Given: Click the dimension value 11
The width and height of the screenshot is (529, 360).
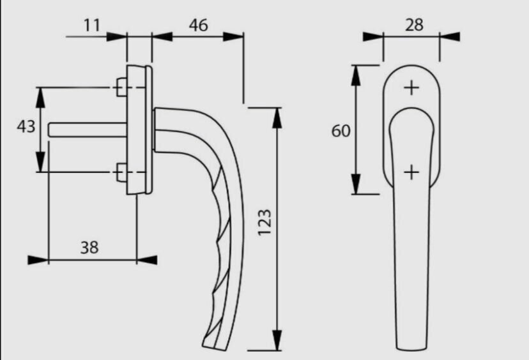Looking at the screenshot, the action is pos(92,26).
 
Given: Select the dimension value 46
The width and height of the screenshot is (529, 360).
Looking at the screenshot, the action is pos(198,26).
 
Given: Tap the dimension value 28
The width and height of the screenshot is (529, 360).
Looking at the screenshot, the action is pos(414,25).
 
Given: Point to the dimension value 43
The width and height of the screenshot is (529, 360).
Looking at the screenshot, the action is pos(26,127).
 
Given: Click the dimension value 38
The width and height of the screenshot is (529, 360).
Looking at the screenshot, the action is pos(89,248).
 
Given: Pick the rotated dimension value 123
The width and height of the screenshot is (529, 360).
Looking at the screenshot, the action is pos(264,223).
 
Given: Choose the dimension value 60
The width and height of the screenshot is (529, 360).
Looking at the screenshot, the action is pos(341,131).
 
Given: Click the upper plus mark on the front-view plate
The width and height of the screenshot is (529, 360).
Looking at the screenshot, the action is pos(411,87).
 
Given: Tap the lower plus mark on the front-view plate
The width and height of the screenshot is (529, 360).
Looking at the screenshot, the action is pos(411,172).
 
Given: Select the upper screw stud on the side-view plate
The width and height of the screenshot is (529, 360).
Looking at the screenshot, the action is pos(121,87).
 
